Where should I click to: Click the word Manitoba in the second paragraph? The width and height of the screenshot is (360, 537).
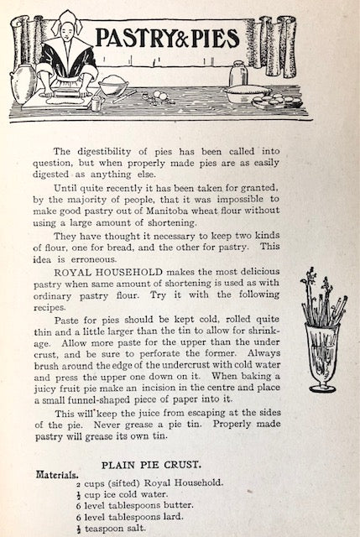[199, 214]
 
